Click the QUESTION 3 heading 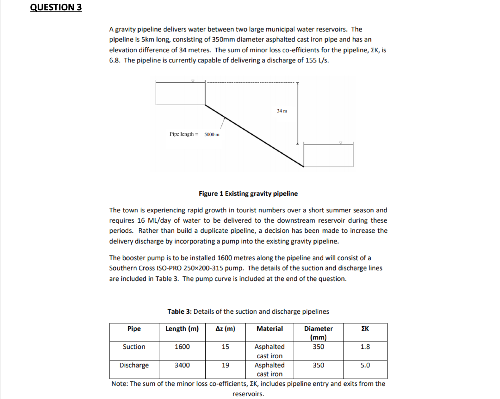pos(56,7)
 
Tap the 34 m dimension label pos(282,111)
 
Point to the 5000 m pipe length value pos(212,134)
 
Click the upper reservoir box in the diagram pos(180,93)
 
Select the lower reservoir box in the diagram pos(328,155)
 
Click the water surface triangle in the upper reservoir pos(193,81)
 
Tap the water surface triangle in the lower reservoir pos(341,143)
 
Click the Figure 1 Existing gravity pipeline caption pos(248,194)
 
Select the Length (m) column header pos(182,329)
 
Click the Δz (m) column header pos(225,329)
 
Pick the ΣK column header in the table pos(365,329)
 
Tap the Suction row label pos(134,347)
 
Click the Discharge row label pos(134,365)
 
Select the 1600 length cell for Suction pos(182,347)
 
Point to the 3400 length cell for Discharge pos(182,365)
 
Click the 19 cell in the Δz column pos(225,365)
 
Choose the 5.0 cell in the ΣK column pos(365,365)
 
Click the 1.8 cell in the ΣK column pos(365,347)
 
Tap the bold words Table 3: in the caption pos(179,312)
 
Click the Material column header pos(269,329)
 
